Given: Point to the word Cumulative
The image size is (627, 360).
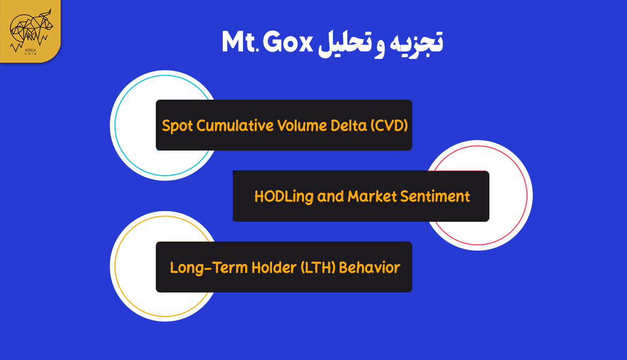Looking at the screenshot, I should tap(233, 125).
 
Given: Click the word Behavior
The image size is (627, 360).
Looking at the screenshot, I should tap(370, 267).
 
